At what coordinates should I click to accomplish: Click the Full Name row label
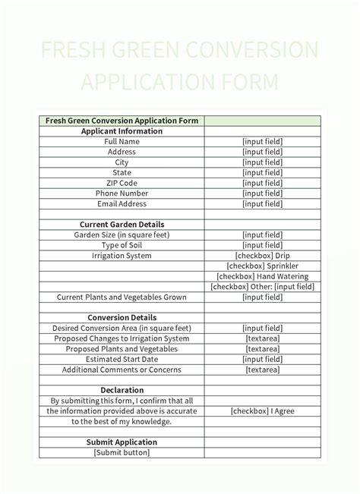(122, 141)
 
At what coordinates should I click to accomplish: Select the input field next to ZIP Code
(262, 183)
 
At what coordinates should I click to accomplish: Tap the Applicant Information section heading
(122, 131)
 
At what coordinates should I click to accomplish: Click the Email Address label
(122, 203)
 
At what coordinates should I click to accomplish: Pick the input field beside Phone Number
(262, 194)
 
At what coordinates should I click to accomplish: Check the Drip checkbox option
(262, 256)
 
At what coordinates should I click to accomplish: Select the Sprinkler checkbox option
(262, 266)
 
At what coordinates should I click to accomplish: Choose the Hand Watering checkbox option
(262, 276)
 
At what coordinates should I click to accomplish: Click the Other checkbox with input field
(262, 287)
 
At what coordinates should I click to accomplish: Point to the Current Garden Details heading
(122, 225)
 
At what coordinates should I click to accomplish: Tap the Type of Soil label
(122, 245)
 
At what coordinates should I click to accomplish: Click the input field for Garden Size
(262, 235)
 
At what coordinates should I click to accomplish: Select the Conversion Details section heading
(122, 318)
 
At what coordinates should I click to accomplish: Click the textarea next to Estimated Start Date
(262, 359)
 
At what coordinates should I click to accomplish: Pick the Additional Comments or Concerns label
(122, 370)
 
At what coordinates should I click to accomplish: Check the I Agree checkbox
(262, 411)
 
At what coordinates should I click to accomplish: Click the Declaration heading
(122, 390)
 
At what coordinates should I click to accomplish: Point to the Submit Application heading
(122, 442)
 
